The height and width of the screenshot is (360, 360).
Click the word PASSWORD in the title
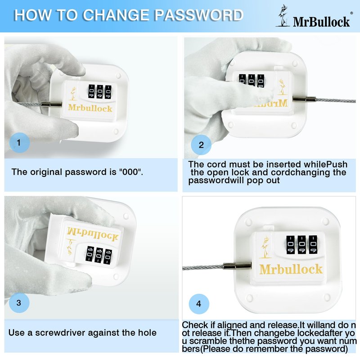[x=199, y=15]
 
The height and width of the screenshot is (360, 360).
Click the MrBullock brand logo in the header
[x=314, y=17]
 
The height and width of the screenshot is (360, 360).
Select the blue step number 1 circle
[x=19, y=143]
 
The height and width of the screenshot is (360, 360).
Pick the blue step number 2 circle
[x=201, y=145]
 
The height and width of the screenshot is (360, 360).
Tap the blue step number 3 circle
[x=19, y=302]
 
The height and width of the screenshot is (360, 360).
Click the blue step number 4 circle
[x=199, y=304]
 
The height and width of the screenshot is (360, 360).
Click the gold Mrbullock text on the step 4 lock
[x=291, y=269]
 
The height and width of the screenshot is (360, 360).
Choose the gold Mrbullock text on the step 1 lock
[x=90, y=108]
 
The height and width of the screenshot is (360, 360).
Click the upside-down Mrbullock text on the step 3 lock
[x=93, y=234]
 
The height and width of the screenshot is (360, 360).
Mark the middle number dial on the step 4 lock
[x=301, y=245]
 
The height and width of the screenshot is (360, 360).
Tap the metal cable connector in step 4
[x=237, y=266]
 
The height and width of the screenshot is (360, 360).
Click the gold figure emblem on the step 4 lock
[x=265, y=248]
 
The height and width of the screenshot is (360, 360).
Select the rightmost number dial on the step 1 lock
[x=108, y=92]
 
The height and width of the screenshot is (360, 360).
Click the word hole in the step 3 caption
[x=147, y=333]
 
